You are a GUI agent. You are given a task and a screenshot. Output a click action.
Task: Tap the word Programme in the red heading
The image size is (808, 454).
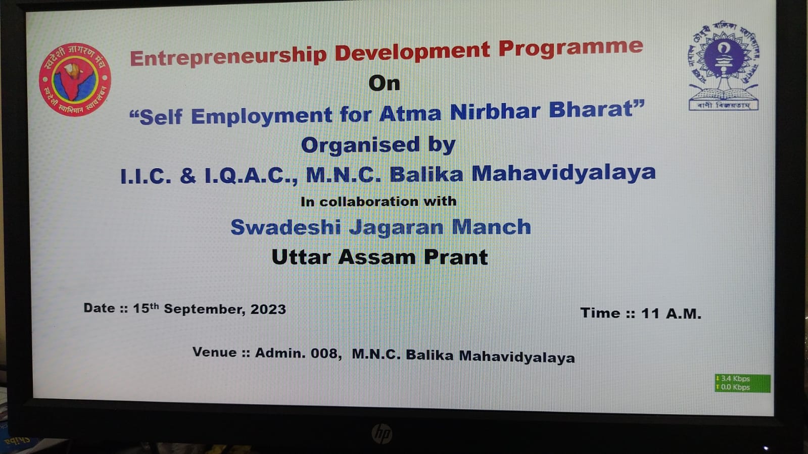571,48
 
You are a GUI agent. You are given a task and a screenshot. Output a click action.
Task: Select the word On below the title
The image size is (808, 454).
384,84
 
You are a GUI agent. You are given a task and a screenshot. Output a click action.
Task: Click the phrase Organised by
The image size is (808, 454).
378,145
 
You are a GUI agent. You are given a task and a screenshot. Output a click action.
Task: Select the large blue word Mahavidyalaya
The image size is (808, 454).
564,173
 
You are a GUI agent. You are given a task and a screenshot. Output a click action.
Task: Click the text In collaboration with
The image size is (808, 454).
378,201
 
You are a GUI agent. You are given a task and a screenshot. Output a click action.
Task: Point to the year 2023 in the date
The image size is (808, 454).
268,310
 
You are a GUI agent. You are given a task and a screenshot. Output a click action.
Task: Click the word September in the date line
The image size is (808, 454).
205,309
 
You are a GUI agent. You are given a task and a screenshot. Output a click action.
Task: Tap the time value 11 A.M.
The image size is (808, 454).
671,314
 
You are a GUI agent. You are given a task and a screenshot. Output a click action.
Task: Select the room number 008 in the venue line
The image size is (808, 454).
326,353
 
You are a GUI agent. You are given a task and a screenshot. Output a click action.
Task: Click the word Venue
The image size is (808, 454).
215,352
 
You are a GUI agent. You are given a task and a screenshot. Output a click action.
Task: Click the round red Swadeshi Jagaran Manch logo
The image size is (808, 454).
75,79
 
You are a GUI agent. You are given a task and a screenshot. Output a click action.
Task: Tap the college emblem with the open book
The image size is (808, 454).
724,65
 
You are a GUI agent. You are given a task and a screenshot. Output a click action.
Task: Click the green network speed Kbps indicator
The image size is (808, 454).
742,383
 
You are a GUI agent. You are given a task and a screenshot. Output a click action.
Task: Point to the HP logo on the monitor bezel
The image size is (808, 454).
382,434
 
